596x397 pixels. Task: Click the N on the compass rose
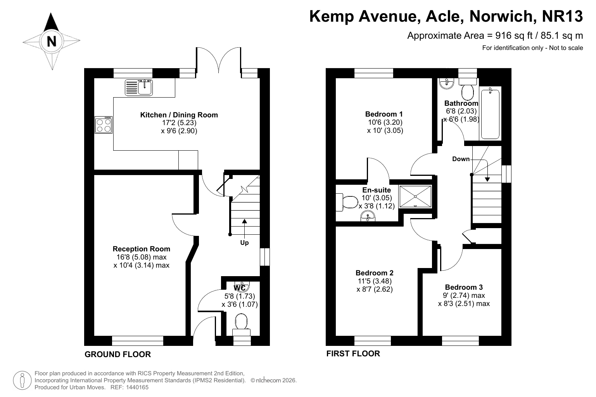[x=51, y=41]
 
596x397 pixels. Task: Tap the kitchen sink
[x=138, y=88]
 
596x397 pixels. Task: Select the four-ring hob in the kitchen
[x=104, y=125]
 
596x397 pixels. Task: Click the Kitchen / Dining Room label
[x=179, y=115]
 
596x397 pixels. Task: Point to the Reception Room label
[x=141, y=249]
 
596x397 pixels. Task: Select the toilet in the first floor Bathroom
[x=468, y=89]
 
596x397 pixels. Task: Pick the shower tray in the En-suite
[x=415, y=196]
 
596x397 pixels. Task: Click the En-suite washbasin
[x=368, y=216]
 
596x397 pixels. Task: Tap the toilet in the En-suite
[x=347, y=202]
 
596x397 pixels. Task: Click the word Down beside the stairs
[x=461, y=159]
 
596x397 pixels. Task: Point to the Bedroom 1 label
[x=384, y=114]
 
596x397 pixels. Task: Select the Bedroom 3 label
[x=464, y=287]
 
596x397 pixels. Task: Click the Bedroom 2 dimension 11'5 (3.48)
[x=374, y=281]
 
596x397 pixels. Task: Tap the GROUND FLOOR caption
[x=117, y=354]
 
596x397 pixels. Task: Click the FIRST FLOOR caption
[x=353, y=353]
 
